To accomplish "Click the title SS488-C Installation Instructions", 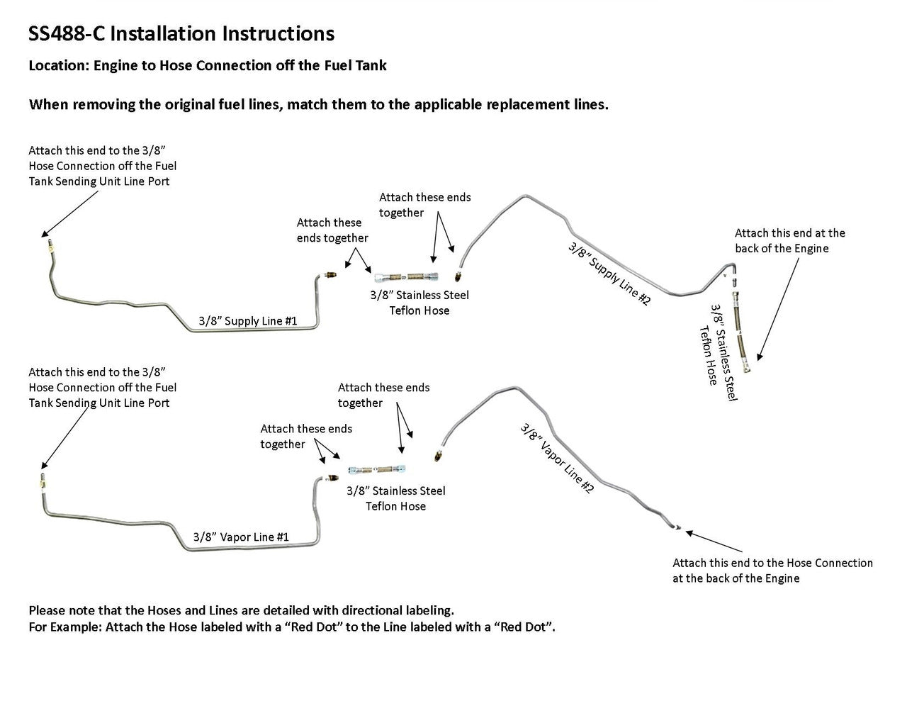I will tap(181, 33).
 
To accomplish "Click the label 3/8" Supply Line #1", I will tap(247, 321).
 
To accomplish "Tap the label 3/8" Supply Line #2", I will tap(609, 274).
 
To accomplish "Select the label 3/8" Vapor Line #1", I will tap(241, 537).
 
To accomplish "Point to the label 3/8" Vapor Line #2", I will tap(556, 458).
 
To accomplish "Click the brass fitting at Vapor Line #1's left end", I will tap(42, 481).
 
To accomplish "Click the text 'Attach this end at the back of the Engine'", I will tap(789, 241).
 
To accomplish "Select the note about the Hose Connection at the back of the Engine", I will tap(772, 571).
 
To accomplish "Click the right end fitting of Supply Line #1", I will tap(329, 275).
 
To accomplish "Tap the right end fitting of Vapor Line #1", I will tap(327, 478).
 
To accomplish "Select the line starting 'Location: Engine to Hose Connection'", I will tap(207, 66).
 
